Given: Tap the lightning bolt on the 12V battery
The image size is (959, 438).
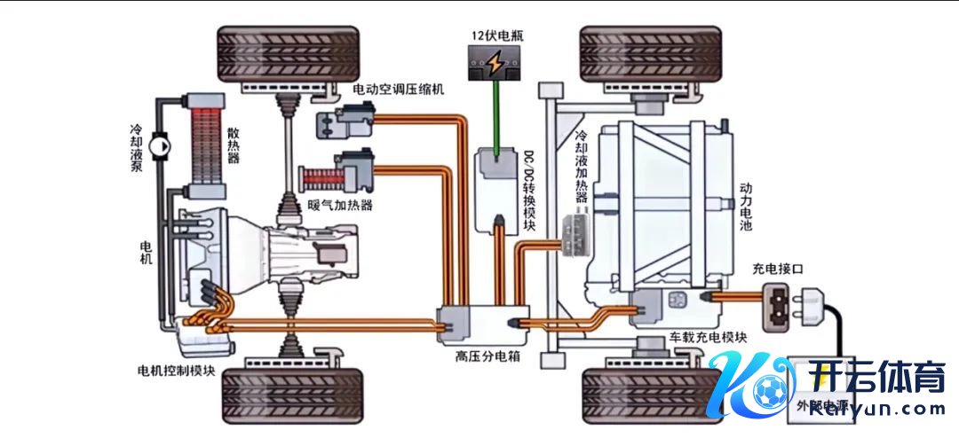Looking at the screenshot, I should (497, 64).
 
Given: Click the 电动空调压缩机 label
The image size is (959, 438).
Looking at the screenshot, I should (398, 89).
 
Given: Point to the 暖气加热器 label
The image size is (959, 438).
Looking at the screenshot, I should (339, 206).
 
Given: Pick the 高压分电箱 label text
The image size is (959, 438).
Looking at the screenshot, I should (487, 356).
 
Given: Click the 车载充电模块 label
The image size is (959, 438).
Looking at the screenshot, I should (708, 338).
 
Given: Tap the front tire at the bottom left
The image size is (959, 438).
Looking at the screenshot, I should (288, 395).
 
